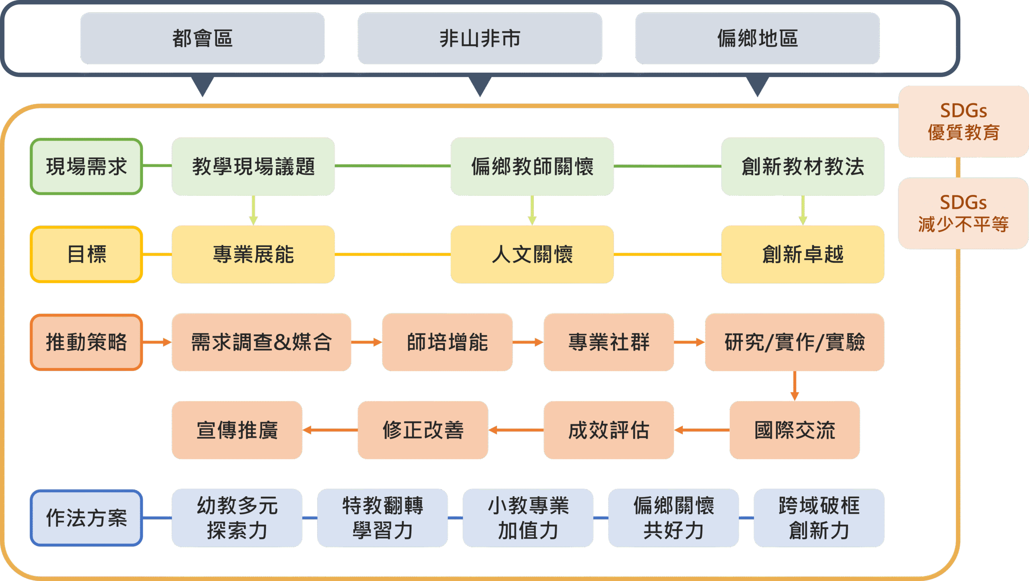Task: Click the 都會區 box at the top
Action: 202,39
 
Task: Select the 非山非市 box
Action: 480,39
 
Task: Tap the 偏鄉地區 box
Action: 757,39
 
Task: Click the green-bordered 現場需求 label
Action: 86,166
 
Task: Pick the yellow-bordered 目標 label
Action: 86,254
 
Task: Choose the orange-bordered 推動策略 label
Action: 86,342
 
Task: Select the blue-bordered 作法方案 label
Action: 86,518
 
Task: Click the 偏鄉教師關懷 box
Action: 532,166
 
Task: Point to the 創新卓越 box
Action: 803,254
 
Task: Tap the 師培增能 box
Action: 447,342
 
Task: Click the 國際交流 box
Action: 795,430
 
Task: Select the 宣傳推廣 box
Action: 237,430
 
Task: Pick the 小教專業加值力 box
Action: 528,518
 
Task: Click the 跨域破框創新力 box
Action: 819,518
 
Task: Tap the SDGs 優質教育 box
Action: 963,121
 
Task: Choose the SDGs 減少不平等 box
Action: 963,213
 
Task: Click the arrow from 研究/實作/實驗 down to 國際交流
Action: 795,386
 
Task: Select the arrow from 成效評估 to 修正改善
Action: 516,430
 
